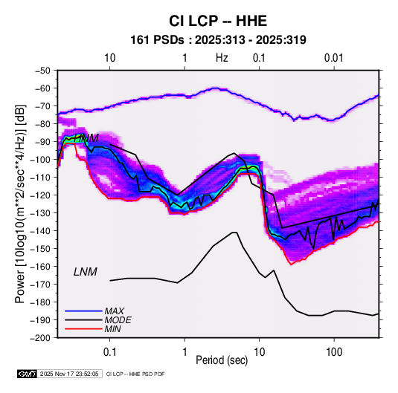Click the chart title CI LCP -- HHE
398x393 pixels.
click(x=218, y=21)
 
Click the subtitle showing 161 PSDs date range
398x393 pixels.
click(x=218, y=40)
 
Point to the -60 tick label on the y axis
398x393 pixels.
click(x=43, y=88)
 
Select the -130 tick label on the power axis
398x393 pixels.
click(x=42, y=213)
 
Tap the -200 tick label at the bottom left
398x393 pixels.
click(x=42, y=338)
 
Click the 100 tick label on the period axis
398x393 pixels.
click(x=334, y=352)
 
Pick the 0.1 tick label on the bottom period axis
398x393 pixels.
click(x=109, y=352)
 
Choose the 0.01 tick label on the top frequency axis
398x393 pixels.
click(x=333, y=58)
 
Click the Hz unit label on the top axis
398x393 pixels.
click(x=222, y=58)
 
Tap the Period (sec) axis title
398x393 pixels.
click(x=222, y=360)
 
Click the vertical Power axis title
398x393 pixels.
click(x=20, y=204)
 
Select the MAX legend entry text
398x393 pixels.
click(x=115, y=311)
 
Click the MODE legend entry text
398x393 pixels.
click(x=118, y=320)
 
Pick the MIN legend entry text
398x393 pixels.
click(x=112, y=329)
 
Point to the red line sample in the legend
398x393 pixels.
click(x=83, y=329)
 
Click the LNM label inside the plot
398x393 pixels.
click(x=86, y=272)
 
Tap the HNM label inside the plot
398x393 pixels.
click(x=86, y=138)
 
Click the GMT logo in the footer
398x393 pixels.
click(x=28, y=374)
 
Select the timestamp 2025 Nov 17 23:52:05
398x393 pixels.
click(x=69, y=374)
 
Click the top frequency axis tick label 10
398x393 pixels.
click(x=110, y=58)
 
